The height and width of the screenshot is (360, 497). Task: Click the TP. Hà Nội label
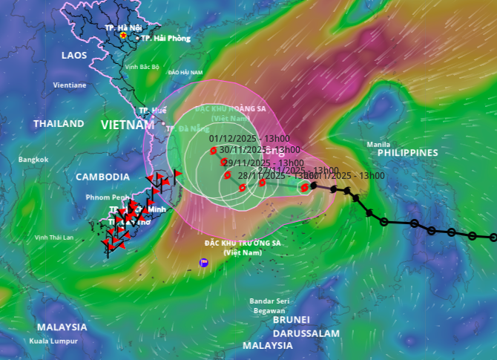122,27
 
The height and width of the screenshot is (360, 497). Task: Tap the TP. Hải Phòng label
165,38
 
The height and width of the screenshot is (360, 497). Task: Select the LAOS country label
74,56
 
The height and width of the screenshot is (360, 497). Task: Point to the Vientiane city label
69,85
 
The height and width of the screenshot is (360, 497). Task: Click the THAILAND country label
59,124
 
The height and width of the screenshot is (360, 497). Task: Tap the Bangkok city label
33,160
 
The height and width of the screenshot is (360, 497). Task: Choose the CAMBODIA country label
102,177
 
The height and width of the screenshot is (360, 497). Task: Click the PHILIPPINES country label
408,152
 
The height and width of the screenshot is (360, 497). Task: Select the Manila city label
378,144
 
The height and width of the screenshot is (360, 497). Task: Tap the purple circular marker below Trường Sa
204,263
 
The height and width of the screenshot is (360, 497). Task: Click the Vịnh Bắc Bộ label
142,67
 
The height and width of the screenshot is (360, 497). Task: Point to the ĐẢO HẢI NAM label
185,73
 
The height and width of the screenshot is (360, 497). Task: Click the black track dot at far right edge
493,238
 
